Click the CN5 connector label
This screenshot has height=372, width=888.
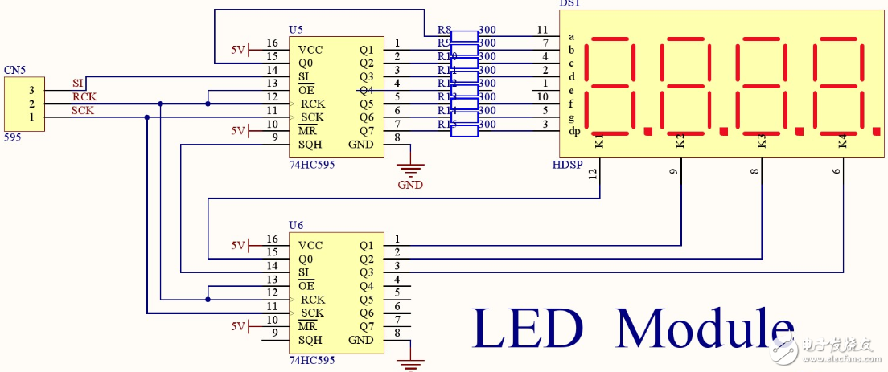click(14, 71)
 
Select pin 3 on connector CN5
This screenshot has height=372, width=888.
click(31, 91)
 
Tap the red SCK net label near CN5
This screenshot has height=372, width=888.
click(82, 111)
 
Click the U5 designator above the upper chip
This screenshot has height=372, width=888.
click(296, 30)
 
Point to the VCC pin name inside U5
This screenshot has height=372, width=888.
click(310, 49)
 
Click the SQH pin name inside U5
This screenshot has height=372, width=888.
click(310, 145)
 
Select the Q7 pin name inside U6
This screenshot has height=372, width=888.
click(366, 326)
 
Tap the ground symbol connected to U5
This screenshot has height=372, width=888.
click(410, 170)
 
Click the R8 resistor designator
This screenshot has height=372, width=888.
click(444, 30)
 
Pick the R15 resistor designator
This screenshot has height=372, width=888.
click(446, 124)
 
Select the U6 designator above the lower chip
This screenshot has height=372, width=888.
click(296, 226)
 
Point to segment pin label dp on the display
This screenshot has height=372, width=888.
click(573, 131)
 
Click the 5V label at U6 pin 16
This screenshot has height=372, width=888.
click(238, 245)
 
